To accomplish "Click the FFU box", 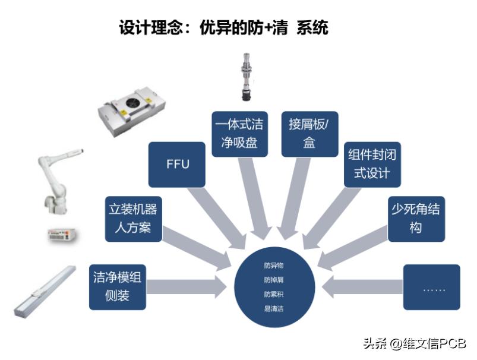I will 177,163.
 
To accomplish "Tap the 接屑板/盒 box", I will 309,134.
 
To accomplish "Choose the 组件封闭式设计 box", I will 373,163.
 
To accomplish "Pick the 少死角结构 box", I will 416,219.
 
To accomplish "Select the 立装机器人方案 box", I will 133,219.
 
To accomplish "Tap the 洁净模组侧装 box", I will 117,288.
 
